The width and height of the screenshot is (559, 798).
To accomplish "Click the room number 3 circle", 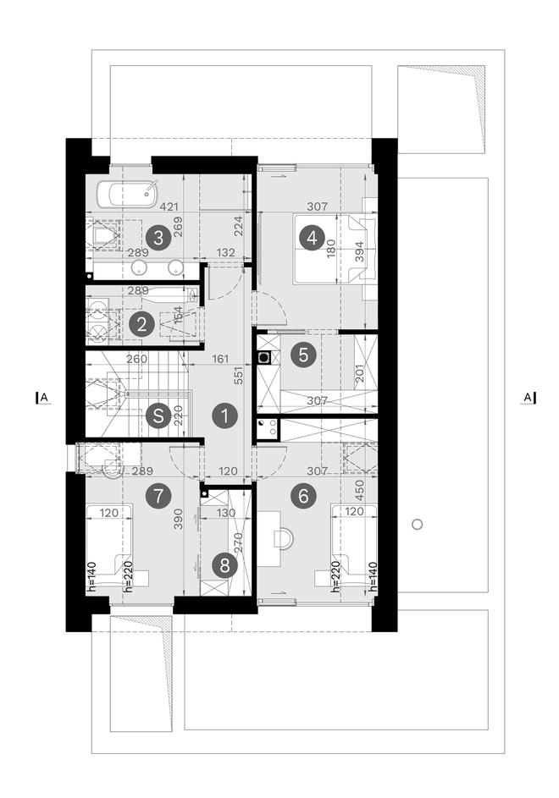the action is pyautogui.click(x=158, y=238).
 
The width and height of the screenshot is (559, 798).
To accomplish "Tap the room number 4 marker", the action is pyautogui.click(x=312, y=238).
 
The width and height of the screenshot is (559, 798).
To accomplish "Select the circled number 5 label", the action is pyautogui.click(x=303, y=355).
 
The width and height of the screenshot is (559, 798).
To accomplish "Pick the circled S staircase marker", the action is pyautogui.click(x=158, y=416).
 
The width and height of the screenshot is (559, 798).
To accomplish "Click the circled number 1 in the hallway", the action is pyautogui.click(x=224, y=416).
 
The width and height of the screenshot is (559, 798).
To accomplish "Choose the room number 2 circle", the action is pyautogui.click(x=141, y=324).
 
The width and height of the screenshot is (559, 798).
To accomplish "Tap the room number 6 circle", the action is pyautogui.click(x=303, y=495).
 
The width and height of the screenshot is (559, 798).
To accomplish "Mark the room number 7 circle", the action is pyautogui.click(x=158, y=495).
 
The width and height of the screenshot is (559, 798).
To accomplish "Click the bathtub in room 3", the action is pyautogui.click(x=126, y=194).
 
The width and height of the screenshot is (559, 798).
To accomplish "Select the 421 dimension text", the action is pyautogui.click(x=169, y=207).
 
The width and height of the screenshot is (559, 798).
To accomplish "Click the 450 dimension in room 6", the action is pyautogui.click(x=359, y=490).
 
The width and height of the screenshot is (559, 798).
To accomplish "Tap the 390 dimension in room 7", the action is pyautogui.click(x=179, y=519).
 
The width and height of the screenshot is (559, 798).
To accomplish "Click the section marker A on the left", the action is pyautogui.click(x=43, y=398).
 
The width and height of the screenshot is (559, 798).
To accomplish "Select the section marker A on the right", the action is pyautogui.click(x=528, y=398).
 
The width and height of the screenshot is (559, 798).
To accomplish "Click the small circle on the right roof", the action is pyautogui.click(x=417, y=524).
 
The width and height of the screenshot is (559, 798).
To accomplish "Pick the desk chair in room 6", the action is pyautogui.click(x=283, y=540).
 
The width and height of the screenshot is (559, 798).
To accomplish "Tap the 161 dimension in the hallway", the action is pyautogui.click(x=220, y=360).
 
